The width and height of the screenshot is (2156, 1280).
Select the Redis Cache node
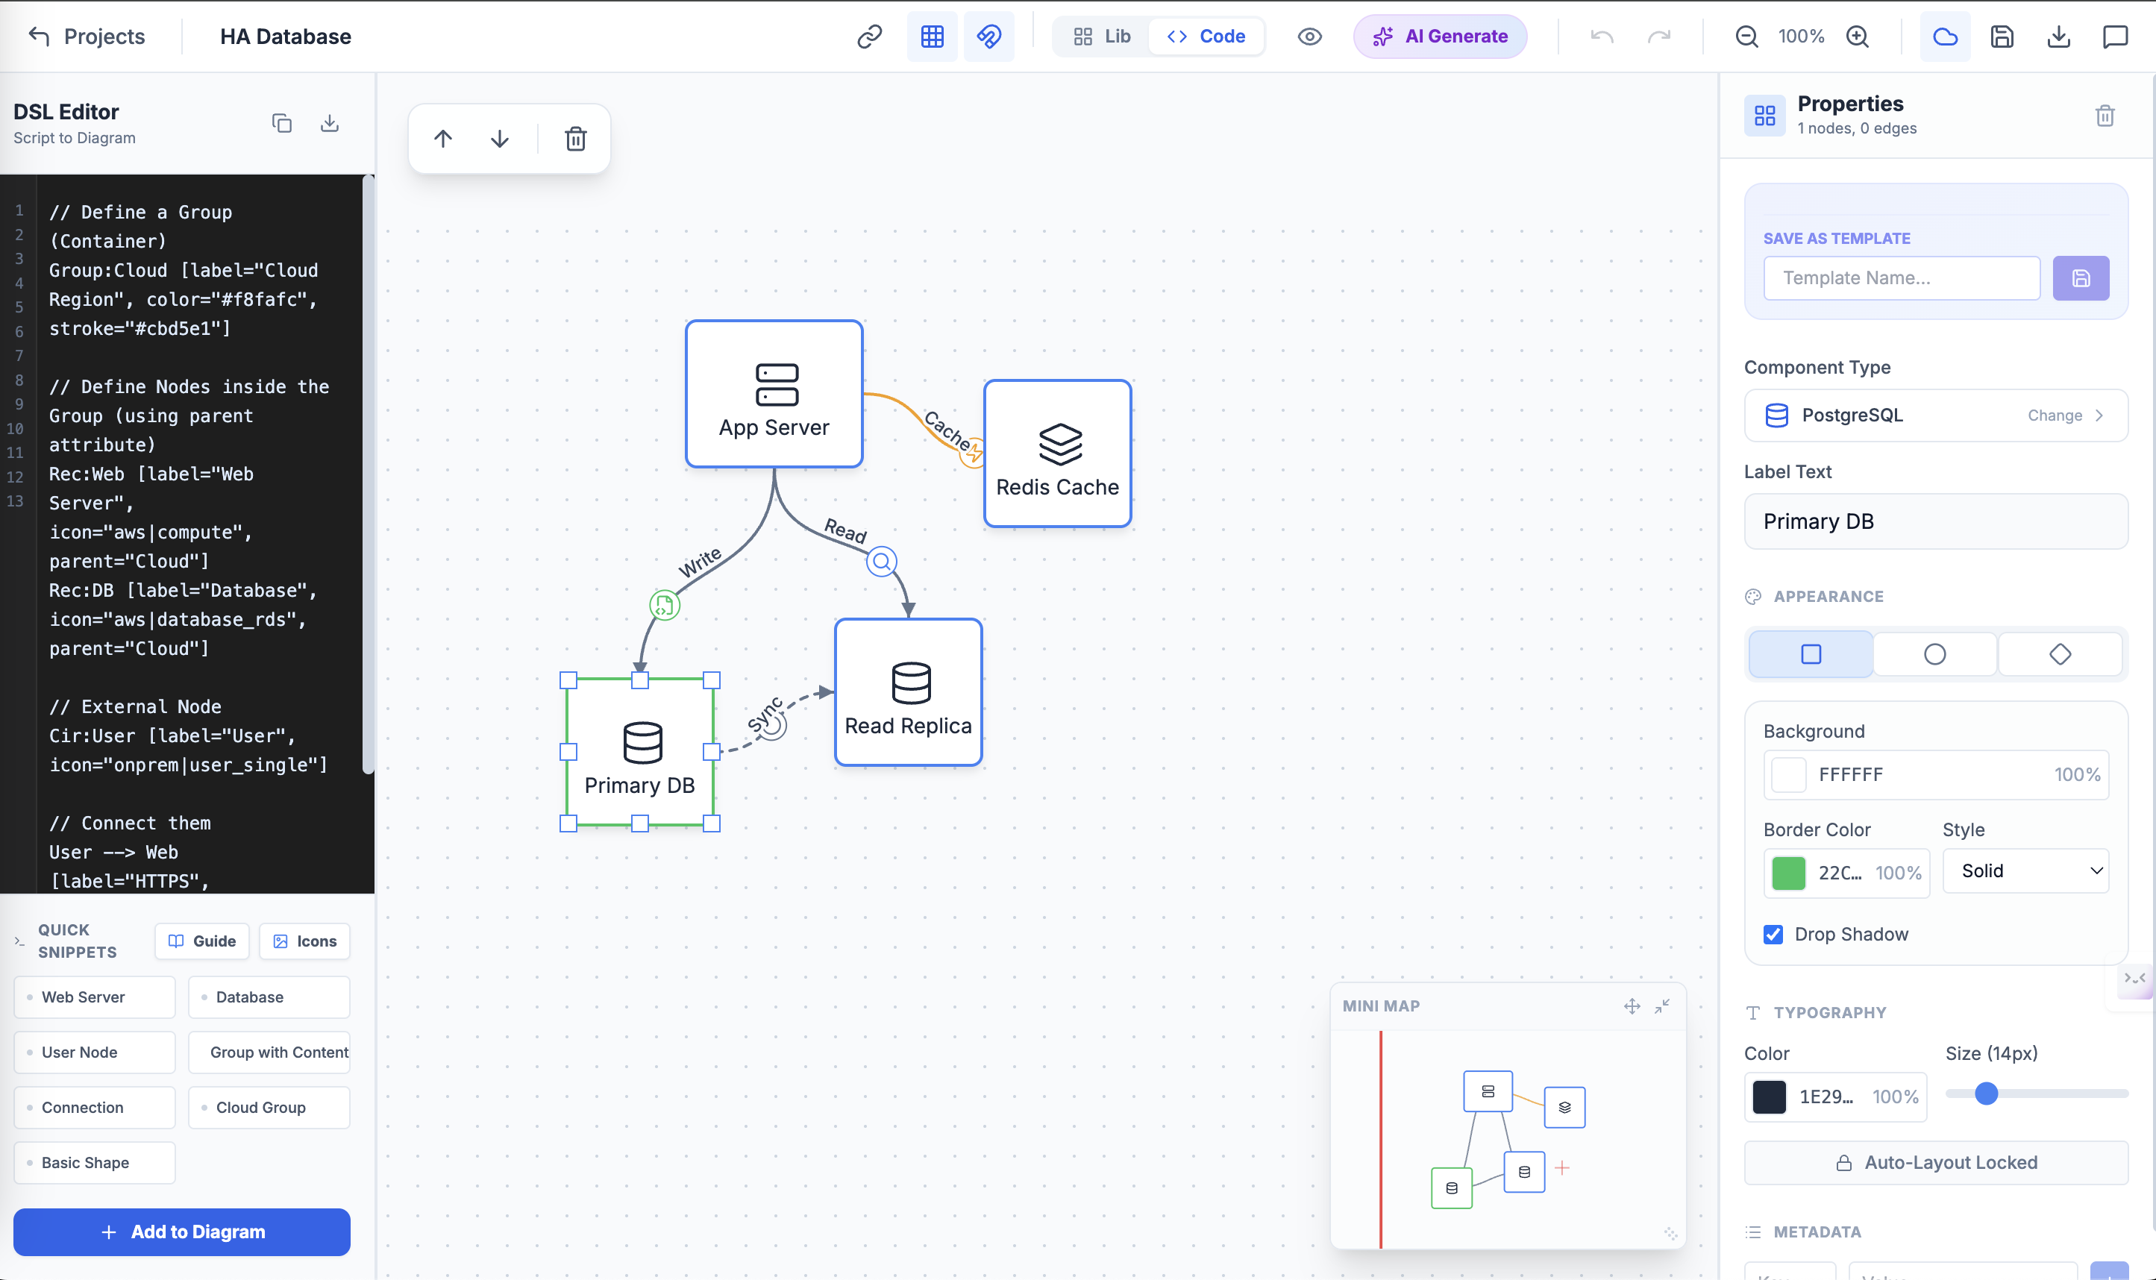click(1057, 454)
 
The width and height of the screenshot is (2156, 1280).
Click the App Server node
click(774, 394)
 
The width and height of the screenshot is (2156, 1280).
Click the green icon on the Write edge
click(664, 606)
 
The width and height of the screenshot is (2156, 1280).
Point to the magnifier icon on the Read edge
click(881, 562)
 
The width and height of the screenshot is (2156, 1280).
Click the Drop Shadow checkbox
click(1773, 934)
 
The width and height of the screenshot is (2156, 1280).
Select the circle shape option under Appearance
click(1934, 655)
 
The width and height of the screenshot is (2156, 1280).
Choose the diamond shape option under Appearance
click(2060, 655)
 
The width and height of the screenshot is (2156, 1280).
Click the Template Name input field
click(1901, 278)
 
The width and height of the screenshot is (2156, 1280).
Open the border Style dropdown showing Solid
click(2025, 871)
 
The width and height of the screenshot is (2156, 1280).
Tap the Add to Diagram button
click(182, 1232)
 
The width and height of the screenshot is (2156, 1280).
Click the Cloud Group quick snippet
click(269, 1108)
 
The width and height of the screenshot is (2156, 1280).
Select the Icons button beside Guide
click(304, 941)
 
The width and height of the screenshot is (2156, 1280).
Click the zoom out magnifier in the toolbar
click(1746, 37)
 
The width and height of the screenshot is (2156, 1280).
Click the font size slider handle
click(1986, 1094)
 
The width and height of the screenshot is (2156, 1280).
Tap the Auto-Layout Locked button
click(1936, 1163)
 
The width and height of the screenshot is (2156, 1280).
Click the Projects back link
click(87, 37)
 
